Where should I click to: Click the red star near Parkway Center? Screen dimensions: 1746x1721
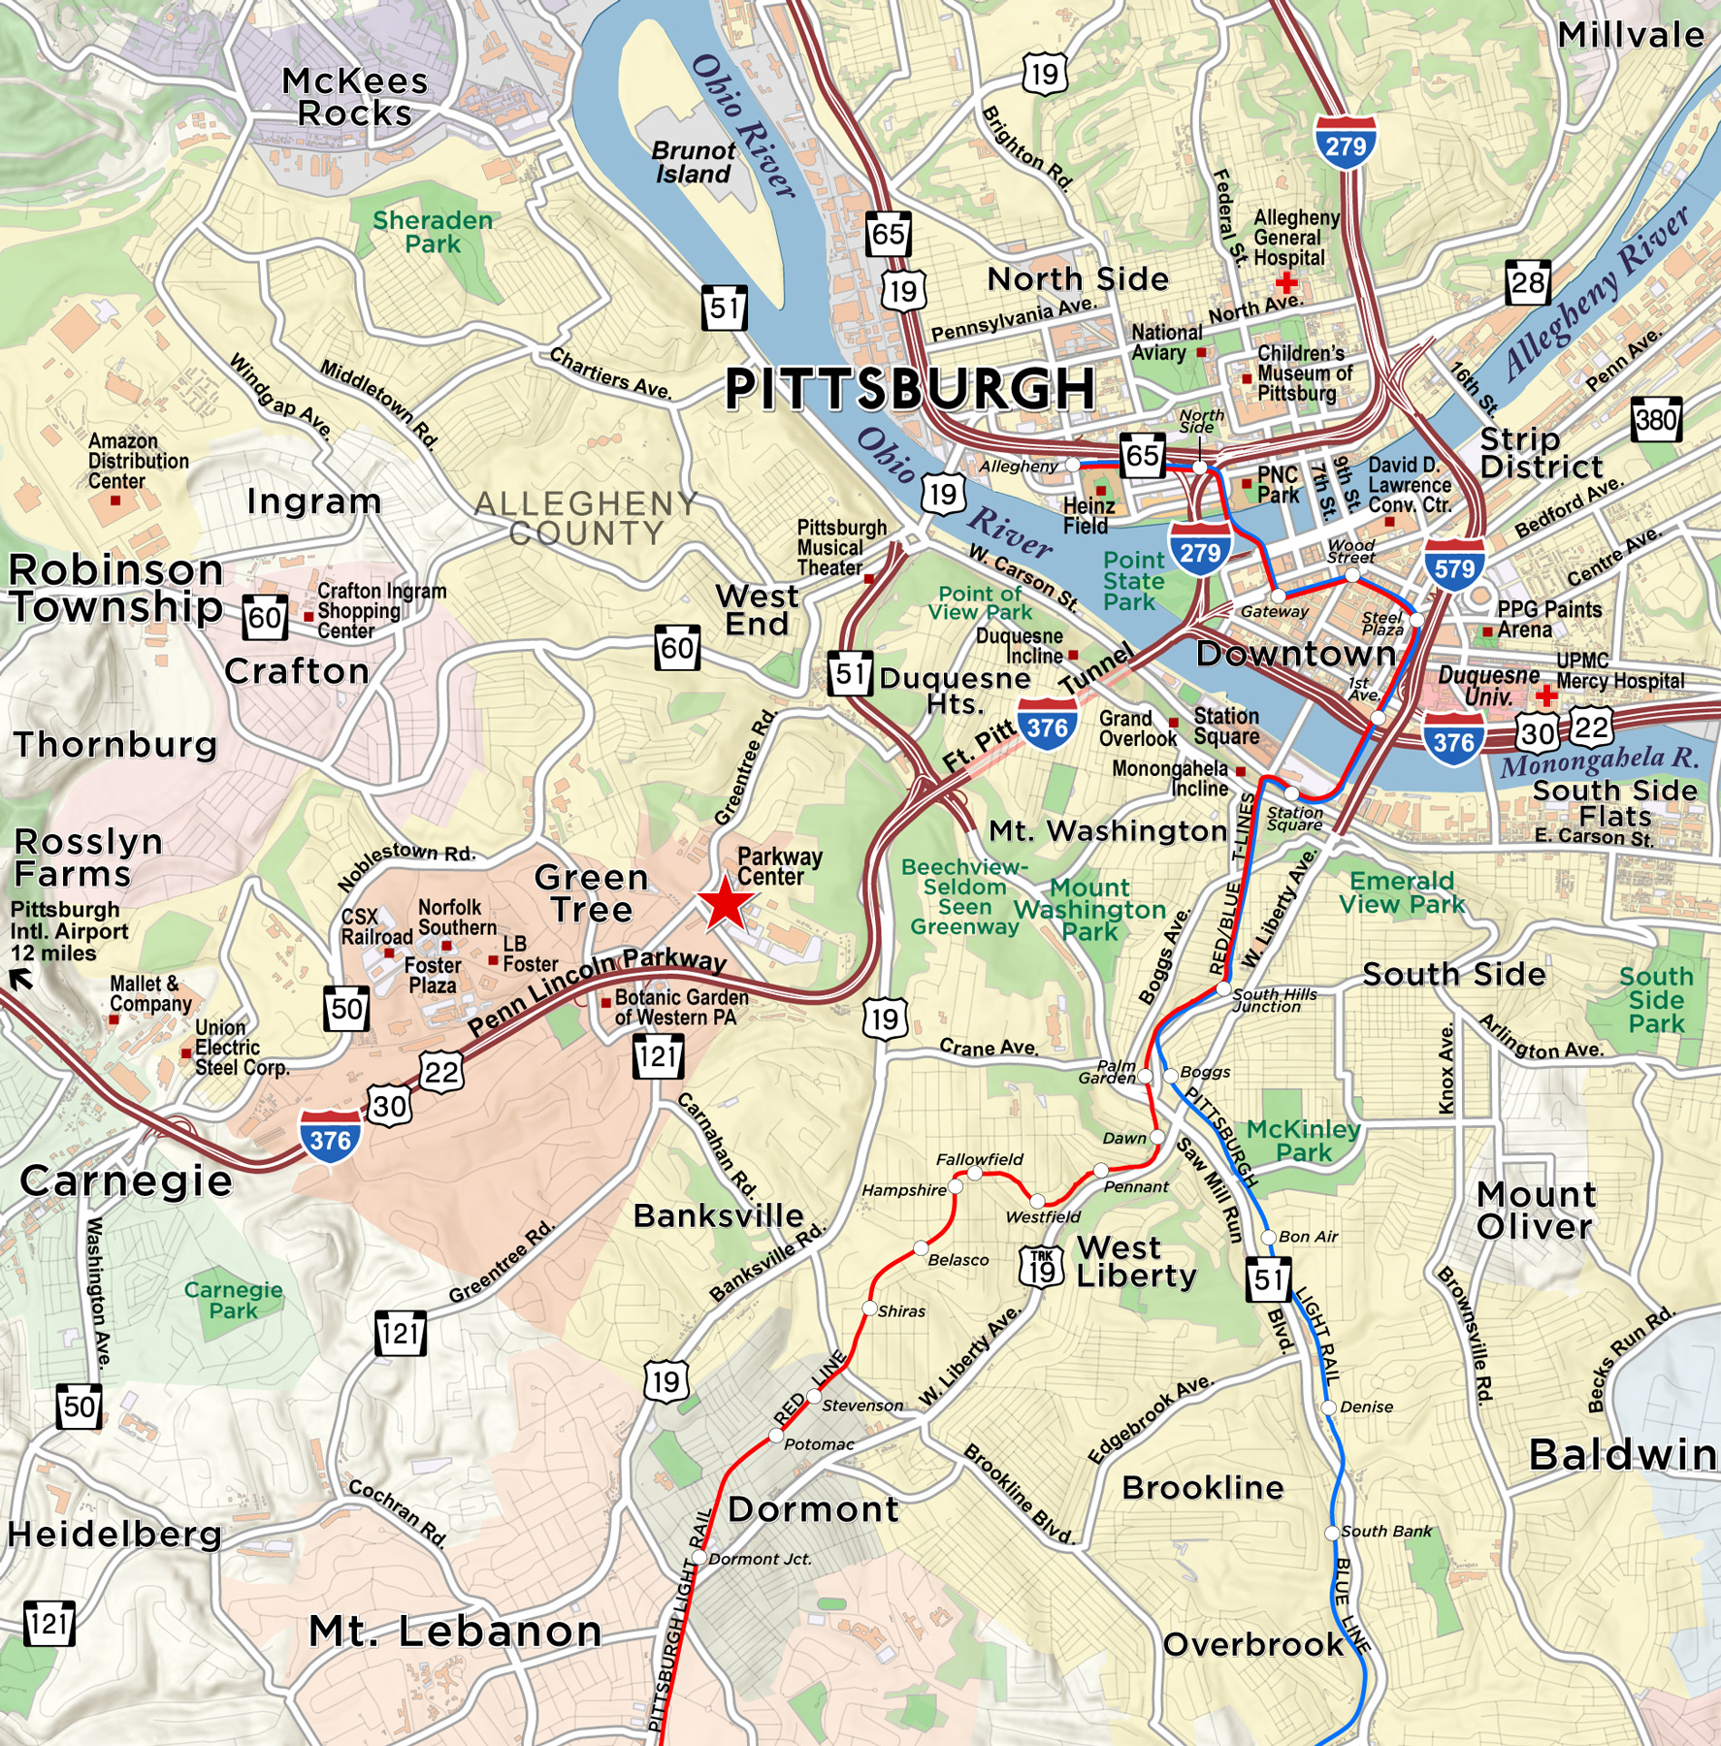coord(725,903)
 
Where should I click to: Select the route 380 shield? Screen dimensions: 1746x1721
coord(1656,419)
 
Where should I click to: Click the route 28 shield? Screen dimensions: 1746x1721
coord(1528,282)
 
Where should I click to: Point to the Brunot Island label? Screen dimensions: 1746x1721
coord(693,163)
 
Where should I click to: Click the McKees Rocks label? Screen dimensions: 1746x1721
coord(354,97)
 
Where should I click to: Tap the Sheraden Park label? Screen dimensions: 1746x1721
coord(433,232)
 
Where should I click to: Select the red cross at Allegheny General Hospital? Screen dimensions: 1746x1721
coord(1286,282)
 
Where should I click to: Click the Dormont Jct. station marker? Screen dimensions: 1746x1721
coord(698,1558)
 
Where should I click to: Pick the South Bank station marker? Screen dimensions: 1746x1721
coord(1332,1532)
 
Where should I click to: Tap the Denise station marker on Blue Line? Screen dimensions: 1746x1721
coord(1329,1406)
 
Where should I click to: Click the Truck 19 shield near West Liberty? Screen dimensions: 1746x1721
coord(1042,1267)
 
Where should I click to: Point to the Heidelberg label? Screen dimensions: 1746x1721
coord(114,1535)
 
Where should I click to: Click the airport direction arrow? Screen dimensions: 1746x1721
coord(21,981)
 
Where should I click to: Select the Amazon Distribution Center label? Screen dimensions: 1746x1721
coord(138,461)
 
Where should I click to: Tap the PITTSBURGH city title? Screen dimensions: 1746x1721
coord(910,389)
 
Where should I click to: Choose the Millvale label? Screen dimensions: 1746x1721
coord(1630,36)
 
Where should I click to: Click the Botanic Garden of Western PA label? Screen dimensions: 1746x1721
coord(681,1007)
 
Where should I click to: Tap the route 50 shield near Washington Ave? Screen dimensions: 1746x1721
coord(79,1407)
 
